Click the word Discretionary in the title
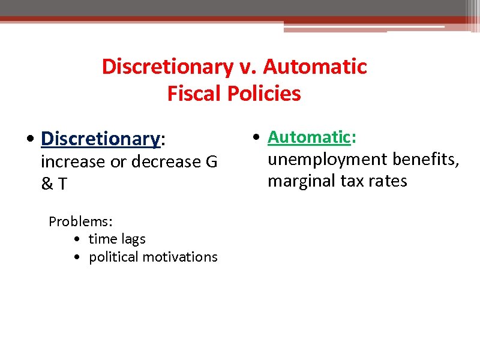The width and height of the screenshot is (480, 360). pyautogui.click(x=166, y=67)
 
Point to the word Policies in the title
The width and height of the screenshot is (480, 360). pyautogui.click(x=264, y=94)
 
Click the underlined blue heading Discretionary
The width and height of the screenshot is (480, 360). pyautogui.click(x=100, y=139)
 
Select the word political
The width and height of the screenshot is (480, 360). pyautogui.click(x=113, y=257)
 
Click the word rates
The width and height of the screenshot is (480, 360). pyautogui.click(x=387, y=181)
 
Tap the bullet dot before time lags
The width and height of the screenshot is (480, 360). pyautogui.click(x=80, y=239)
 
